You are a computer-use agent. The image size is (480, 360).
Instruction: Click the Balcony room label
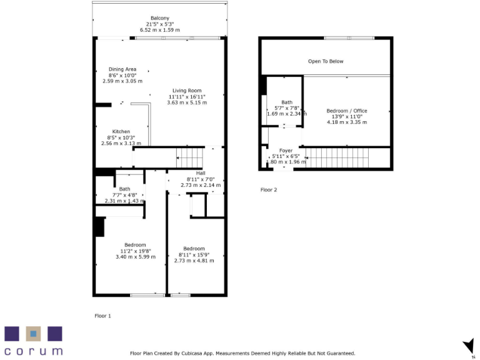click(x=159, y=18)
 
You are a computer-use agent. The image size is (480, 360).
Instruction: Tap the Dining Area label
click(x=122, y=69)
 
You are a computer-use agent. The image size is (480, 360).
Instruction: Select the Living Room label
click(x=186, y=91)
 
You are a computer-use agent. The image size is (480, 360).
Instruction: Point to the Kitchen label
click(x=121, y=131)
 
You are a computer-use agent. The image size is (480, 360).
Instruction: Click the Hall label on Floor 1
click(x=201, y=173)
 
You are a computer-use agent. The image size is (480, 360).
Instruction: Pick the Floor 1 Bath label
click(x=124, y=189)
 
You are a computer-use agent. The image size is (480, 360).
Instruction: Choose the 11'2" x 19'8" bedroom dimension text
click(x=133, y=251)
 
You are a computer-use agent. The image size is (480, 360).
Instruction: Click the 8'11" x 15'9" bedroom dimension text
click(x=194, y=254)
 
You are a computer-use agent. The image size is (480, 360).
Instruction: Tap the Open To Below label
click(x=326, y=61)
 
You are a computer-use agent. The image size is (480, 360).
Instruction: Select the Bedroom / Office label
click(x=347, y=111)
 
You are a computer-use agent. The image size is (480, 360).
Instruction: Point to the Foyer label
click(x=286, y=151)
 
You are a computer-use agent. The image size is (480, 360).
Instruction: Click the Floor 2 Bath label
click(x=287, y=102)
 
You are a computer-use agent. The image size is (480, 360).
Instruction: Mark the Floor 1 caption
click(x=102, y=316)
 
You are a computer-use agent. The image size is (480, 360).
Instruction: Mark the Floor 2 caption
click(x=269, y=189)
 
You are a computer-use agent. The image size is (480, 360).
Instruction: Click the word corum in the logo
click(x=34, y=351)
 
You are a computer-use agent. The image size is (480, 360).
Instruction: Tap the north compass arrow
click(x=467, y=345)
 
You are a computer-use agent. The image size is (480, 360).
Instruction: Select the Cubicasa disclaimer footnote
click(x=242, y=353)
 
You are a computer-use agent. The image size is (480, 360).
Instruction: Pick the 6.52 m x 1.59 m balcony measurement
click(x=159, y=29)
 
